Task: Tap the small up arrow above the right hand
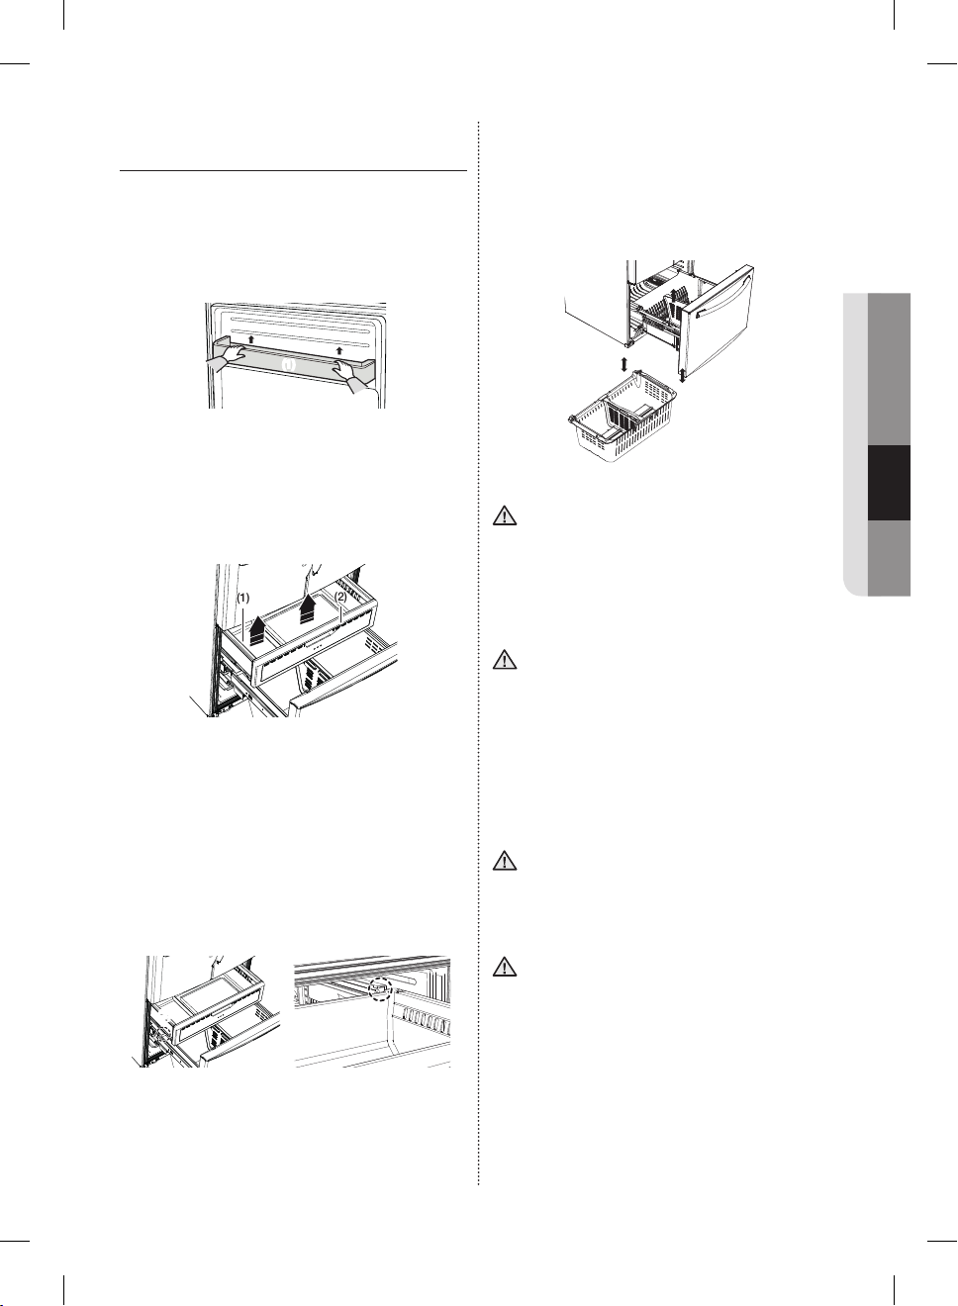[x=339, y=351]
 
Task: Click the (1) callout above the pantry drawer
[x=243, y=598]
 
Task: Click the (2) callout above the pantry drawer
[x=340, y=597]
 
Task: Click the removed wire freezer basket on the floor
[x=623, y=417]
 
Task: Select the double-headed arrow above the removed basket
[x=623, y=364]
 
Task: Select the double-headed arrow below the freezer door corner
[x=682, y=375]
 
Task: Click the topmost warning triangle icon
[x=505, y=516]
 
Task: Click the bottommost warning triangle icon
[x=505, y=968]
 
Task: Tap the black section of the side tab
[x=889, y=483]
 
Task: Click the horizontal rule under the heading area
[x=293, y=171]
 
